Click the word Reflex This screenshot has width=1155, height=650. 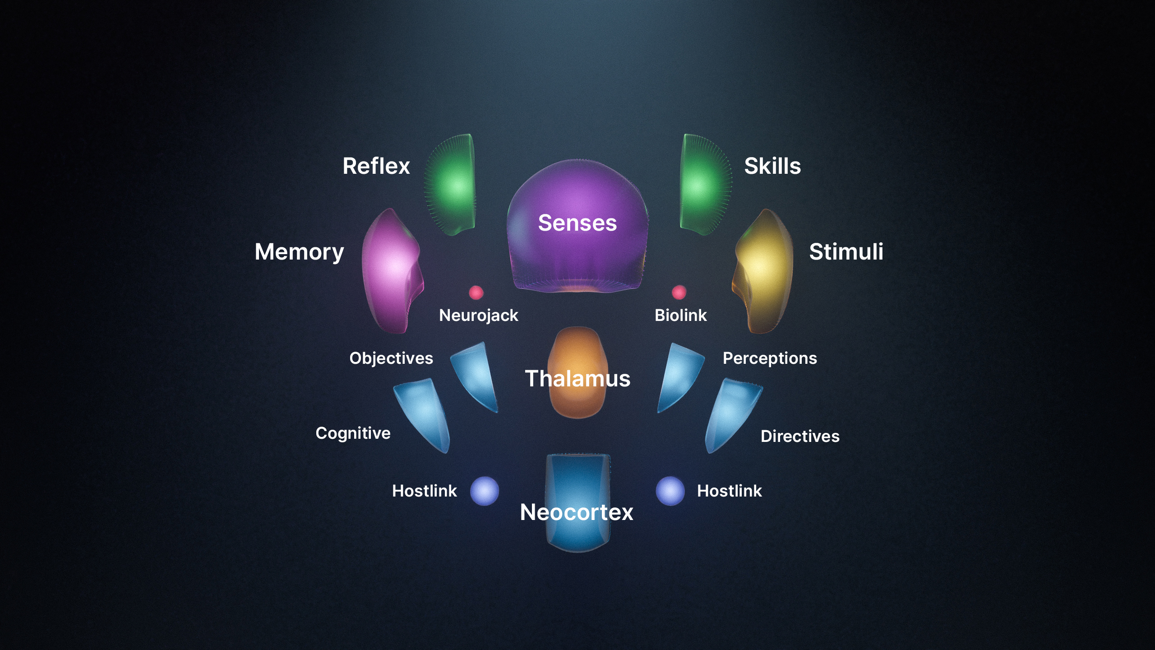point(376,166)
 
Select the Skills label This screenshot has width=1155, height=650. point(772,166)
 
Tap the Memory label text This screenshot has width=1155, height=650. point(299,252)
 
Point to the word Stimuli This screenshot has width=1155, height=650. point(846,251)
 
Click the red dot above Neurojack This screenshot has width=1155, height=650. point(476,292)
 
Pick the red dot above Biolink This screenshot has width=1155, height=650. point(679,292)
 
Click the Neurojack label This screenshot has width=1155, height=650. point(478,316)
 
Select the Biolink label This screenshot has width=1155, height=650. point(680,315)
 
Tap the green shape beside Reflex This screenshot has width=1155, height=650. point(453,185)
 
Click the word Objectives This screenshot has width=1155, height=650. point(391,358)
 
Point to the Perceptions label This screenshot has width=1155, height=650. point(770,358)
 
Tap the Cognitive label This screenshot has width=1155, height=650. point(353,433)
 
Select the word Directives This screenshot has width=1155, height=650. point(800,436)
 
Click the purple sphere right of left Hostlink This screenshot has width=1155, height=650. point(484,491)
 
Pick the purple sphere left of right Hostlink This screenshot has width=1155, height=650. point(670,491)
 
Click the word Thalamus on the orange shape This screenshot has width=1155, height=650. point(577,378)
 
